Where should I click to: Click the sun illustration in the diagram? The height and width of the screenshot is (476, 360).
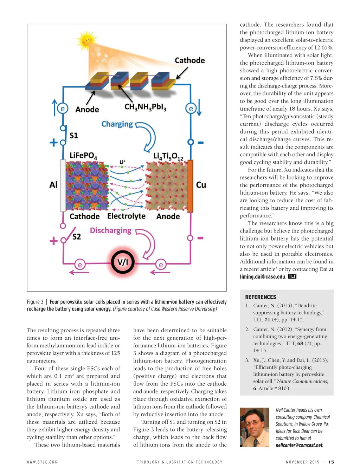[86, 41]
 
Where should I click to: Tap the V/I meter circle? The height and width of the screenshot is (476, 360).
[123, 262]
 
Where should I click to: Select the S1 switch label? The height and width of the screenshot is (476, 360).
[74, 136]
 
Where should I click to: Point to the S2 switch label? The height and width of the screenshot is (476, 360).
[77, 236]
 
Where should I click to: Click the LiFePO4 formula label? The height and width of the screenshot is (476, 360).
[83, 156]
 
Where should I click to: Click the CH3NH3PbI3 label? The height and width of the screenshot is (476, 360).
[145, 107]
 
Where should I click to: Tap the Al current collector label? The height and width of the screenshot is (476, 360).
[53, 185]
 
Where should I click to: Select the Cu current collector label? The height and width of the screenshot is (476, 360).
[201, 185]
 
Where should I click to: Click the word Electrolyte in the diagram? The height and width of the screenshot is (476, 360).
[126, 216]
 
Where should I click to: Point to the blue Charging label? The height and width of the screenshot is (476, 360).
[117, 124]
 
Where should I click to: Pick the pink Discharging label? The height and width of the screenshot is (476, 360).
[110, 230]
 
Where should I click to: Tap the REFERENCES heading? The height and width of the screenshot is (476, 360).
[261, 297]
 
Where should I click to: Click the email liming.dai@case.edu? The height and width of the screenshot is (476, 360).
[263, 277]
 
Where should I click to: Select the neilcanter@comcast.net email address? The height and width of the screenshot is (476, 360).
[299, 445]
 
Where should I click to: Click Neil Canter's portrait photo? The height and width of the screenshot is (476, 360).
[254, 427]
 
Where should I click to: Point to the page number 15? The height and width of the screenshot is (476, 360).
[331, 462]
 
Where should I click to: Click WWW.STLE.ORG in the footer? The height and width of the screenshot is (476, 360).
[42, 462]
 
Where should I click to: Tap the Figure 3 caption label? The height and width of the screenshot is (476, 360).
[35, 302]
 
